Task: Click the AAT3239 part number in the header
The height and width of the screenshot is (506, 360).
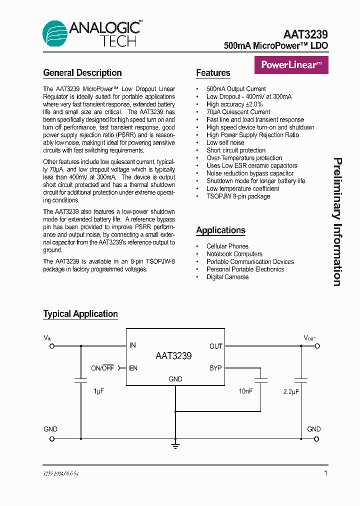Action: [x=305, y=34]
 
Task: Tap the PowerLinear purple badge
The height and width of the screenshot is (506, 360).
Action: [x=291, y=65]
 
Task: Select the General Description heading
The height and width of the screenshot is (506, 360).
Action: [x=82, y=73]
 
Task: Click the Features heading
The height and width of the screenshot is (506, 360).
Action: [x=213, y=73]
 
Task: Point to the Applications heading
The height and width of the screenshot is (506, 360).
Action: [x=220, y=230]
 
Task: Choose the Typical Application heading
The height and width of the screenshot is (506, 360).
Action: [x=80, y=314]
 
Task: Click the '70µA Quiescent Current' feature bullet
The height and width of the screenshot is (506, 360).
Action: [x=238, y=112]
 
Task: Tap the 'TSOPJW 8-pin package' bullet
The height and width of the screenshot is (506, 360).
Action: [x=238, y=196]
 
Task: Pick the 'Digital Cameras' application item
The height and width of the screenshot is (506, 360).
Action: [x=227, y=277]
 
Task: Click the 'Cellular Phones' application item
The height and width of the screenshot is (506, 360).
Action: [x=227, y=246]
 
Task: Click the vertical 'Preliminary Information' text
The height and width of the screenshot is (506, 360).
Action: [x=337, y=222]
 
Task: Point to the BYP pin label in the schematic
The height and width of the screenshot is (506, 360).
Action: [x=215, y=368]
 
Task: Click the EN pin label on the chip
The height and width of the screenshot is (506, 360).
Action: [x=133, y=368]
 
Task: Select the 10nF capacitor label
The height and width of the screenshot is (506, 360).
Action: [x=245, y=391]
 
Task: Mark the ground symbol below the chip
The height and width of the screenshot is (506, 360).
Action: [x=175, y=445]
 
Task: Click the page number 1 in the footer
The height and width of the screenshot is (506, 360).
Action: [x=326, y=473]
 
